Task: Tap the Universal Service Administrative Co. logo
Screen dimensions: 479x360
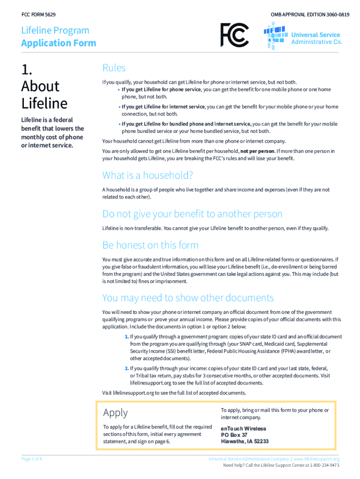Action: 302,36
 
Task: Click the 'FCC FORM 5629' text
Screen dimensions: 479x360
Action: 38,15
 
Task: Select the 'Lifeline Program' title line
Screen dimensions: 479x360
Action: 55,30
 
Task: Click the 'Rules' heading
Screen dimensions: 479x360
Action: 114,68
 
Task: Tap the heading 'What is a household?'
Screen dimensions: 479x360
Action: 148,175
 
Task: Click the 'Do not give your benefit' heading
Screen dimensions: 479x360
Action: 192,214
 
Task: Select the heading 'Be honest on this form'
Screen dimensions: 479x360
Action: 150,245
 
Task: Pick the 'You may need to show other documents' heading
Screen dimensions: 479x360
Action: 188,298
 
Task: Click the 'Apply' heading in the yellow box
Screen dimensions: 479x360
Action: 115,413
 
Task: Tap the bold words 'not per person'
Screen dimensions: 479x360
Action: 257,152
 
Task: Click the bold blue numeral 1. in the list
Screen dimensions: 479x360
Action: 127,337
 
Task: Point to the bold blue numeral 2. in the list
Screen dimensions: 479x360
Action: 127,368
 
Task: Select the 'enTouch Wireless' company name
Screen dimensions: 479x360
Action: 243,428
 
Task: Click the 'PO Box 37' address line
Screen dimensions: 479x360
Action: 234,435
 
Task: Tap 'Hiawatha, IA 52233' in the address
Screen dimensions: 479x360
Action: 245,442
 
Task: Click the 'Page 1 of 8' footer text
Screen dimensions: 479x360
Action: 32,459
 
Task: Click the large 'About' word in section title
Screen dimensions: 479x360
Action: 40,86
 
